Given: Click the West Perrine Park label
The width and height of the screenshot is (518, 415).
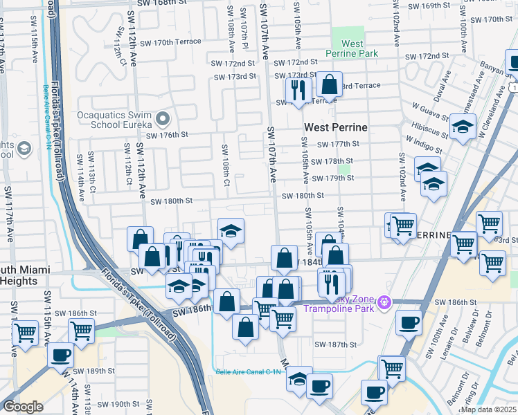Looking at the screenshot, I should [x=352, y=48].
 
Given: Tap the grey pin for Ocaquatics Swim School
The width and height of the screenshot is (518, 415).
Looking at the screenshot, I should [x=163, y=119].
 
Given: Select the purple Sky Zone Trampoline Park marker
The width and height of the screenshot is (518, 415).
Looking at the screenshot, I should [x=386, y=303].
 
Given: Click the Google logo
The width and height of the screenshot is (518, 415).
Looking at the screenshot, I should [x=23, y=407].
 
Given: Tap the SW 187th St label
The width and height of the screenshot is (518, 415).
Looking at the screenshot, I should [x=335, y=344].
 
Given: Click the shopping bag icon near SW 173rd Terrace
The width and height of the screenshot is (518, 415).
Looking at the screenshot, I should [x=329, y=84].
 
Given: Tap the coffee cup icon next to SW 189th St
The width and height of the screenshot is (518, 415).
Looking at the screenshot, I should [x=60, y=356].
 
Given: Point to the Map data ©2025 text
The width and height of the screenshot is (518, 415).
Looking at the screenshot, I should [x=488, y=409].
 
